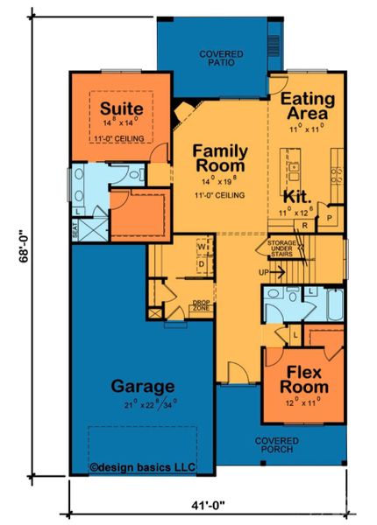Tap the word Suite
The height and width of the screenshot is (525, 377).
tap(116, 108)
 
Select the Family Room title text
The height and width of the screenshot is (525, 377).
tap(220, 160)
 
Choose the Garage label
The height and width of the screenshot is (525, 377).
tap(143, 385)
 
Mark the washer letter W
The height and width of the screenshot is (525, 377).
tap(201, 246)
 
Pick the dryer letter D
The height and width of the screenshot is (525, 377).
tap(201, 263)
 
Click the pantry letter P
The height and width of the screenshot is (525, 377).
tap(330, 215)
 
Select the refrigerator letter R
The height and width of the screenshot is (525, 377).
tap(303, 226)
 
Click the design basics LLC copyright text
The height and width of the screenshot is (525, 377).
tap(143, 466)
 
